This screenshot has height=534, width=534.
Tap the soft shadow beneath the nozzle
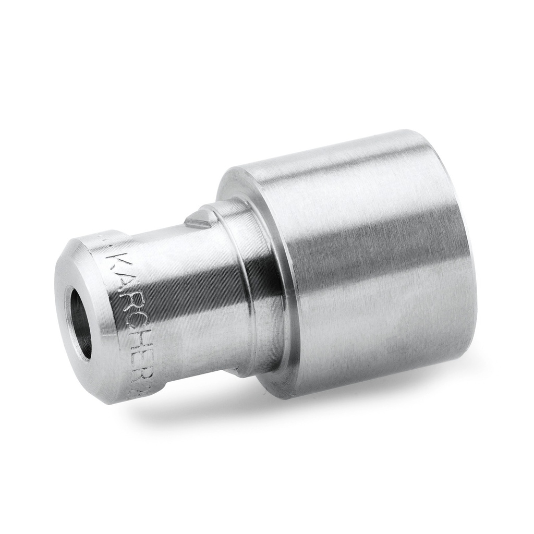pyautogui.click(x=313, y=412)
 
